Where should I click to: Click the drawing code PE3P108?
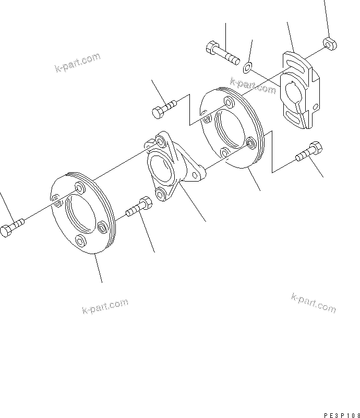tap(342, 415)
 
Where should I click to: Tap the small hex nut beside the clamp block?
tap(329, 43)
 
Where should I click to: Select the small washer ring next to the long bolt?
tap(248, 66)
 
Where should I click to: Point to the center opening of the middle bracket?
tap(161, 170)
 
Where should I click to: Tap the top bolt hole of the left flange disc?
tap(80, 187)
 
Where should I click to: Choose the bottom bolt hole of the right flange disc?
tap(225, 152)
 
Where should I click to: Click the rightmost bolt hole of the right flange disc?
tap(251, 142)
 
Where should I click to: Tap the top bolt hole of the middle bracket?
tap(160, 142)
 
